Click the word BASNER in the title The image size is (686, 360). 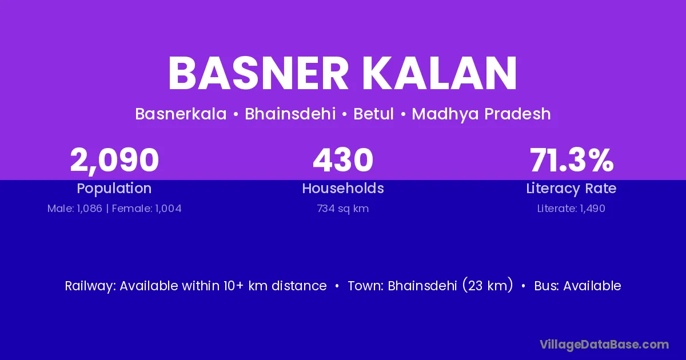coord(258,73)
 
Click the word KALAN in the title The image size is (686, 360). coord(440,73)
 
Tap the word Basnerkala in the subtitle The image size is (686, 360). coord(181,114)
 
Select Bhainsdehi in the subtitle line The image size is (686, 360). coord(290,114)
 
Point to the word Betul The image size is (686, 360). coord(373,114)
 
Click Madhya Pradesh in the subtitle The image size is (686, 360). coord(481,114)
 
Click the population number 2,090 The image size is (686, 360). coord(114,161)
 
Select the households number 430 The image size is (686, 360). coord(343,160)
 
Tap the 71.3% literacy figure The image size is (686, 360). coord(572,160)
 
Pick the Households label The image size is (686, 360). coord(343,188)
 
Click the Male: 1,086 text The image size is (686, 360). coord(75,209)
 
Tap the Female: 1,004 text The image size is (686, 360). coord(147,209)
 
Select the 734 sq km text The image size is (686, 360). coord(343,209)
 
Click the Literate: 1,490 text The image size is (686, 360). coord(571,209)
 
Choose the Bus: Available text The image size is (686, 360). coord(577,286)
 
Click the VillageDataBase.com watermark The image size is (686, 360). coord(604,345)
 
